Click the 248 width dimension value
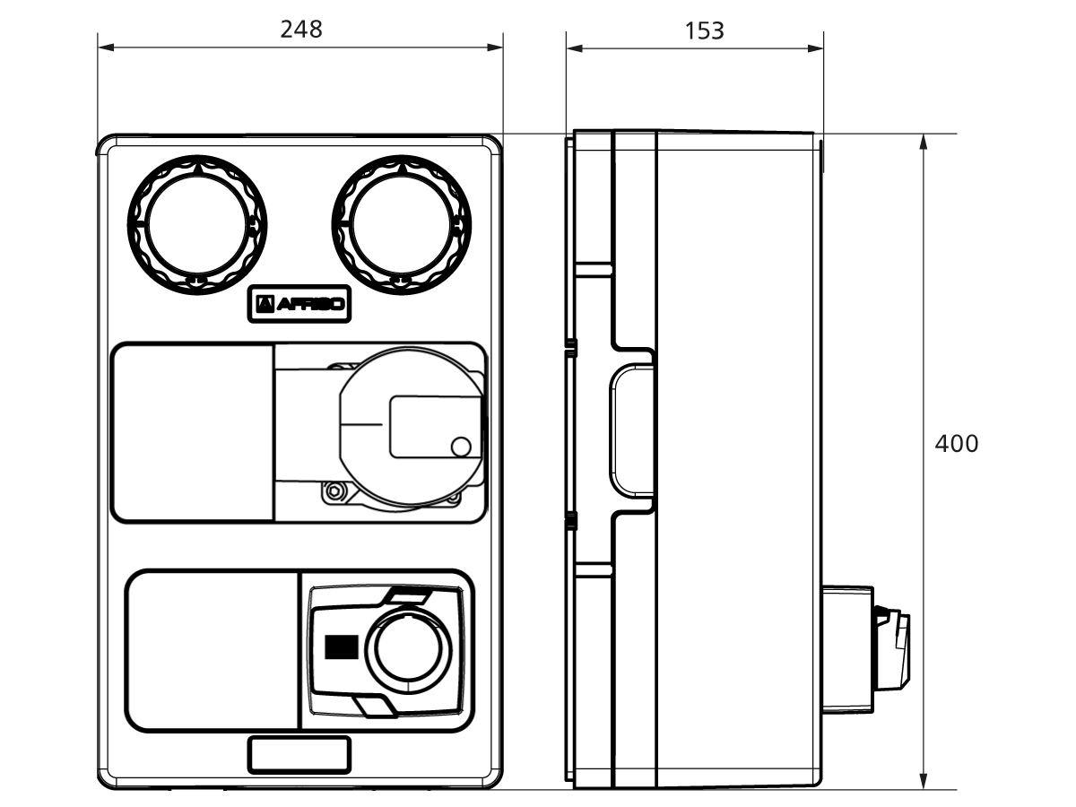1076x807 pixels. click(300, 29)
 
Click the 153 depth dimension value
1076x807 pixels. click(704, 30)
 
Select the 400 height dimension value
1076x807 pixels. click(956, 443)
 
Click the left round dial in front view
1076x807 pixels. click(197, 223)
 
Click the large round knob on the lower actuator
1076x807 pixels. click(408, 647)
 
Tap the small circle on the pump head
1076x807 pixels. click(460, 446)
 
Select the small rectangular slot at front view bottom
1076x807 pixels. click(299, 754)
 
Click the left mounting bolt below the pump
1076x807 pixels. click(334, 490)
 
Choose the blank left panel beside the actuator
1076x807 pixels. click(213, 651)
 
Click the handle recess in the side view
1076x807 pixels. click(631, 431)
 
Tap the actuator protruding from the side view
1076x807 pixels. click(865, 648)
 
